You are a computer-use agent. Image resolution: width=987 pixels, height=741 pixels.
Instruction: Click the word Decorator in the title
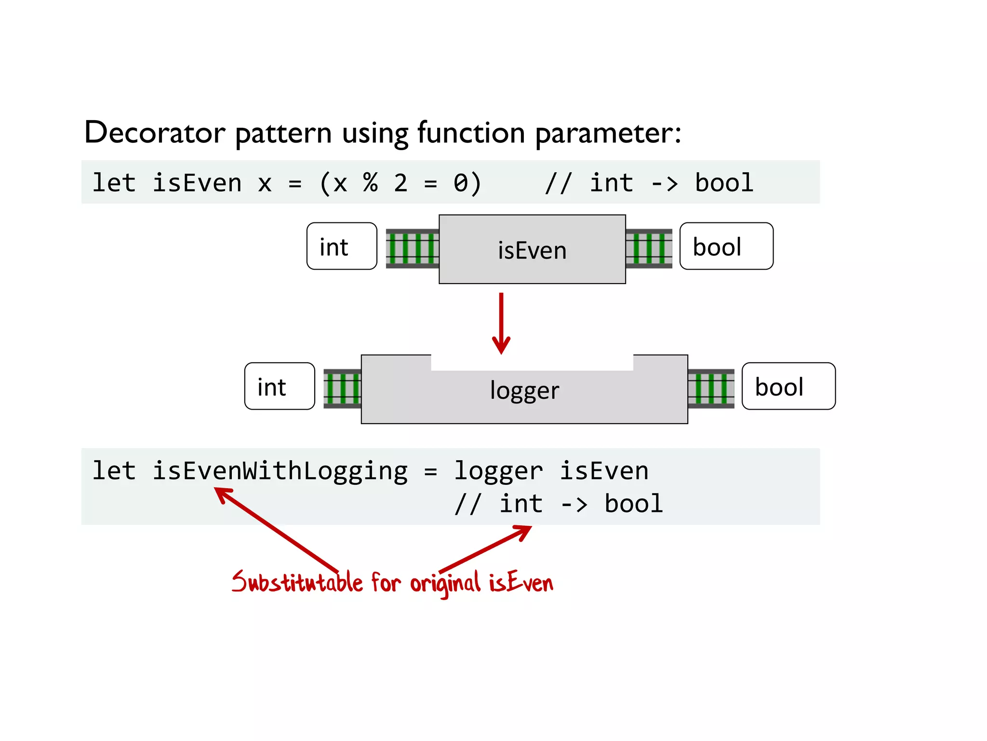tap(154, 133)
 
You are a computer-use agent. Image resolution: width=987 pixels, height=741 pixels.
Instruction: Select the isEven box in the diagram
tap(532, 250)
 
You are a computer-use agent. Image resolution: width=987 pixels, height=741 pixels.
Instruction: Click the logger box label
tap(524, 390)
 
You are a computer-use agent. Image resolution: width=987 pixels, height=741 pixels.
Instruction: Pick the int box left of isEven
tap(342, 247)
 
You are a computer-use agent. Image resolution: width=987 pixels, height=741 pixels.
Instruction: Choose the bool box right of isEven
tap(726, 247)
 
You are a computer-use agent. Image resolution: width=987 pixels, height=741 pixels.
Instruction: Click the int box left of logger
tap(280, 386)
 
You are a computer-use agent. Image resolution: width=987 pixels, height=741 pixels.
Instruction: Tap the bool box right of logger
tap(788, 386)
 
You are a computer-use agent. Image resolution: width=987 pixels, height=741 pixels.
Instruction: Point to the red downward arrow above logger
tap(501, 323)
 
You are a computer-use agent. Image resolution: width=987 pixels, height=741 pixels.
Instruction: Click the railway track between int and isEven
tap(412, 248)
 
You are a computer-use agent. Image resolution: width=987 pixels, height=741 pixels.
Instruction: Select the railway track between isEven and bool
tap(649, 248)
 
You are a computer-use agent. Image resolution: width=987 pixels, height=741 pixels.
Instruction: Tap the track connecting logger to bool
tap(711, 388)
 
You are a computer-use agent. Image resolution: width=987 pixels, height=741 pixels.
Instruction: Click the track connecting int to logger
tap(342, 388)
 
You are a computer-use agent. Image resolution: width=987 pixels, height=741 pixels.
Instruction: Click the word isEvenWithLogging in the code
tap(280, 471)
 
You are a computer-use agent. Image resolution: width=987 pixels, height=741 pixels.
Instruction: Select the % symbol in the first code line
tap(370, 183)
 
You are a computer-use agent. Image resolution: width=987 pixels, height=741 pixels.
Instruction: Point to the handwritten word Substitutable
tap(296, 582)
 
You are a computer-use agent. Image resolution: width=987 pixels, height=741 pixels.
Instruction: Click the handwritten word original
tap(445, 583)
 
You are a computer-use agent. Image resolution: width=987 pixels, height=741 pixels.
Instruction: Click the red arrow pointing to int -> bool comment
tap(487, 548)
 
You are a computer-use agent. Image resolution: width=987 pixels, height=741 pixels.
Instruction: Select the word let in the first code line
tap(114, 183)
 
